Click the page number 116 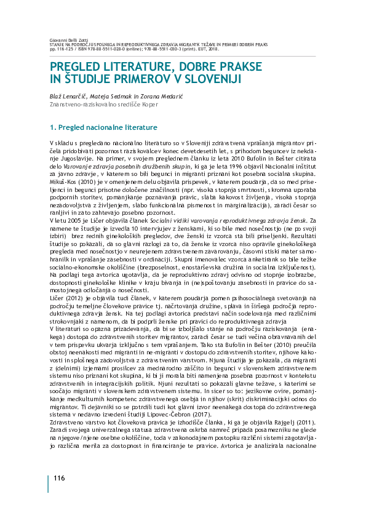59,479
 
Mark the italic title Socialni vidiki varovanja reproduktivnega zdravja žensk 230,219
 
